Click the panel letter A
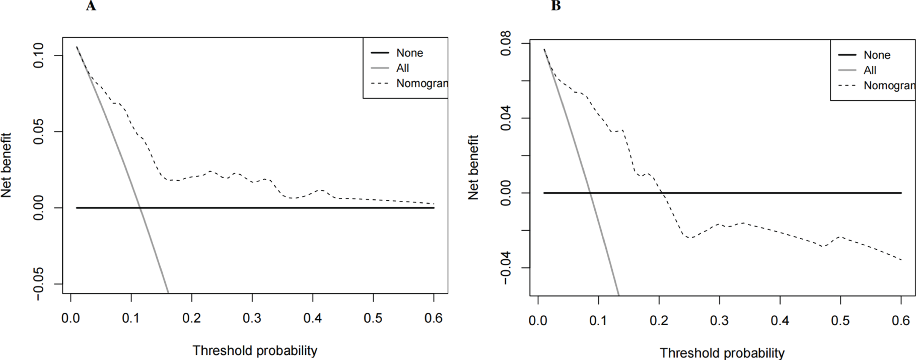[91, 6]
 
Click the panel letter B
[556, 6]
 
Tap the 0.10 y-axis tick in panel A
[40, 55]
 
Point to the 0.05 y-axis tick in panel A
[40, 132]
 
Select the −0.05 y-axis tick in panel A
[40, 284]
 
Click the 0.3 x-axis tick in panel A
[252, 319]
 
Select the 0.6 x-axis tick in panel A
[434, 319]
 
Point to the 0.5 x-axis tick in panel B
[840, 321]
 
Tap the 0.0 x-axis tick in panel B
[538, 321]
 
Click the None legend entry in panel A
[409, 53]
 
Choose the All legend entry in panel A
[402, 68]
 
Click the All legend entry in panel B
[870, 70]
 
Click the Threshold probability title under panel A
[255, 350]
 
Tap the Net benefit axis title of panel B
[473, 168]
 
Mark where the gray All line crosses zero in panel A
[140, 208]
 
